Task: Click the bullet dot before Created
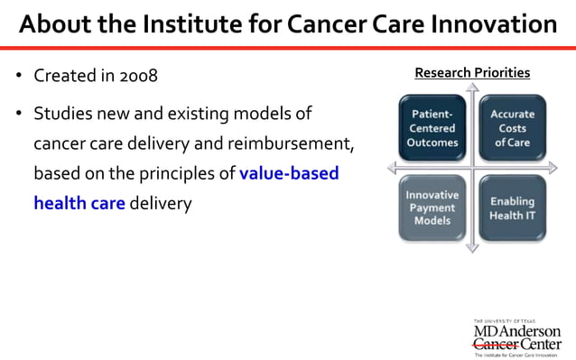18,76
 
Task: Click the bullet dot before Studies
18,115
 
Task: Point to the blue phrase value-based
289,172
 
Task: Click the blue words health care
79,203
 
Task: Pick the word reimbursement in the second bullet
291,143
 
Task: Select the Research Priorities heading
472,72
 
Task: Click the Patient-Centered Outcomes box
432,128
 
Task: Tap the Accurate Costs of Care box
511,128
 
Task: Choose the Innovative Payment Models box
432,208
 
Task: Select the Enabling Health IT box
511,208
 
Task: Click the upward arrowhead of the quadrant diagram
471,87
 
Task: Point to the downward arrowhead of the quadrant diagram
471,247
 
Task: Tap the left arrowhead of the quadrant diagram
391,168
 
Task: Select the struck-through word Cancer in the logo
496,344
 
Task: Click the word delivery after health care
161,203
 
